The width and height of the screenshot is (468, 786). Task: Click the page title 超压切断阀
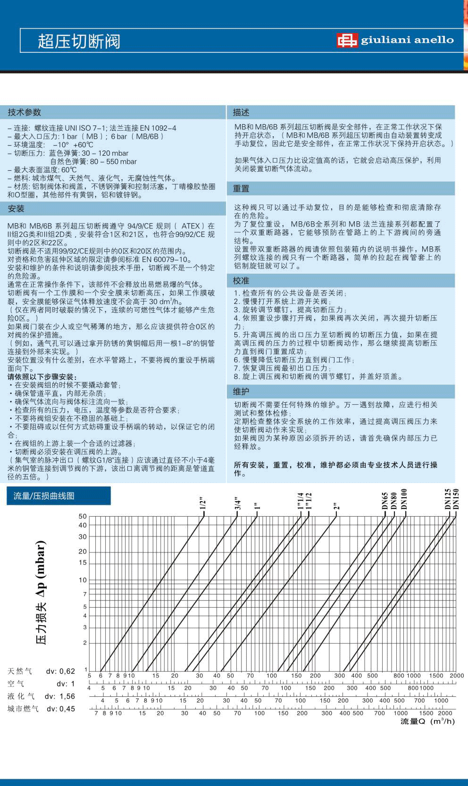tap(79, 41)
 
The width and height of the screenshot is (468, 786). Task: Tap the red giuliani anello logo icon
tap(347, 41)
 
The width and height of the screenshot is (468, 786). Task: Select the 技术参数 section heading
tap(25, 112)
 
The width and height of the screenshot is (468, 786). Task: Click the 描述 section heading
tap(241, 112)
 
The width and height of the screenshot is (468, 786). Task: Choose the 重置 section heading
tap(241, 188)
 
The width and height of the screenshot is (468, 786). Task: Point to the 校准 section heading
tap(241, 281)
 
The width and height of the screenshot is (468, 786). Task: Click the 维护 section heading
tap(241, 392)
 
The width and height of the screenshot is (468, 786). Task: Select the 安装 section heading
tap(16, 209)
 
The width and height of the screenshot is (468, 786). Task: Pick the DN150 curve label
tap(455, 499)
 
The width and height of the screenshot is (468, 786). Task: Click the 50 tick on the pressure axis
tap(83, 517)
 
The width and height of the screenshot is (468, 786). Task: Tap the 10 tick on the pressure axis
tap(83, 580)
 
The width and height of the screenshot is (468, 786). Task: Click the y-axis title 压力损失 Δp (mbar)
tap(42, 593)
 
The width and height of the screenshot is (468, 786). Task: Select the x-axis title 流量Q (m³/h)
tap(427, 721)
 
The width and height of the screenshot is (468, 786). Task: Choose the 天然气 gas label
tap(20, 671)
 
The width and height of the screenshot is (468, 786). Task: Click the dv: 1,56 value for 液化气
tap(60, 696)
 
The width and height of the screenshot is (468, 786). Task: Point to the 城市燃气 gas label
tap(23, 709)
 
